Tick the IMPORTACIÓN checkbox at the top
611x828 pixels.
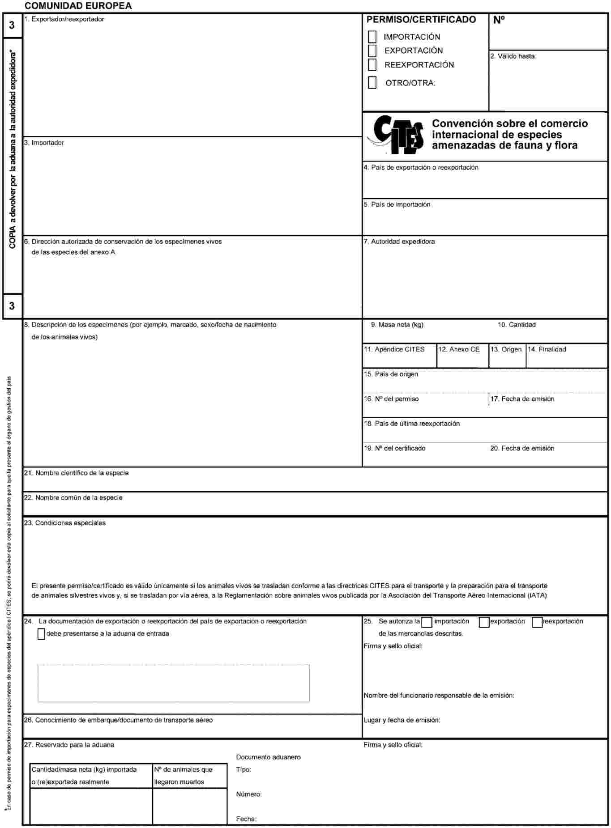coord(372,37)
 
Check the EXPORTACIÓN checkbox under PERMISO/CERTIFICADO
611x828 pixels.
coord(372,51)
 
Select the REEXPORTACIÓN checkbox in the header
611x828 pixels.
coord(372,65)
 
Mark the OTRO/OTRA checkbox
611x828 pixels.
coord(372,83)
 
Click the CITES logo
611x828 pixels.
coord(396,135)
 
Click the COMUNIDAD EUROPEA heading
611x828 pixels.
coord(78,6)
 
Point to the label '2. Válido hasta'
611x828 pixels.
coord(513,56)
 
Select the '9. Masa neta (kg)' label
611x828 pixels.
coord(397,325)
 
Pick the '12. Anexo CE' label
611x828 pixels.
coord(459,349)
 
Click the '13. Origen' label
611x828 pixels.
coord(506,349)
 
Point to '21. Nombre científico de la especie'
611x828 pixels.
coord(77,473)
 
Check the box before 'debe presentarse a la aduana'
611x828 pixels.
coord(41,634)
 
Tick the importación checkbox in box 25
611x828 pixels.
coord(427,622)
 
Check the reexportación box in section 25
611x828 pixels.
coord(537,622)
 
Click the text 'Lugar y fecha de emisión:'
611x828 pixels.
coord(402,720)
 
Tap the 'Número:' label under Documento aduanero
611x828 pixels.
coord(249,794)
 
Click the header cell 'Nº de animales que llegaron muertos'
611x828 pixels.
coord(190,776)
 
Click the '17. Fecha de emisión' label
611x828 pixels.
coord(522,399)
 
